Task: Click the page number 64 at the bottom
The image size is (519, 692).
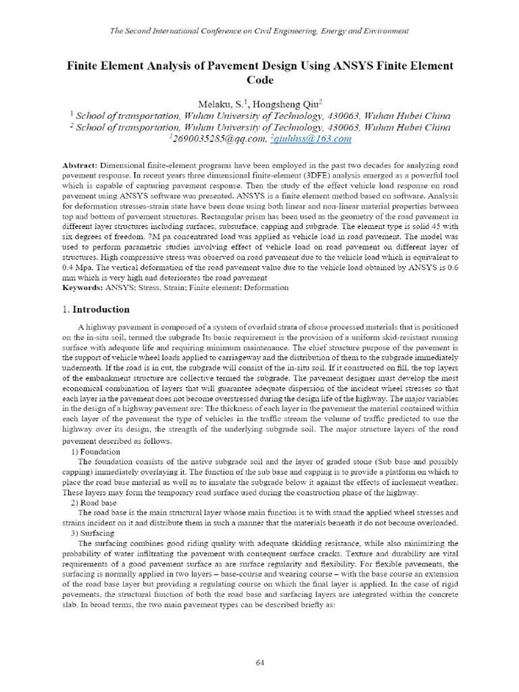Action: (x=259, y=662)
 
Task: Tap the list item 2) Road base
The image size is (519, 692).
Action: (x=94, y=503)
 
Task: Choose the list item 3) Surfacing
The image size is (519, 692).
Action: (x=94, y=533)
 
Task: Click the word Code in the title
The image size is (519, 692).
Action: (x=259, y=80)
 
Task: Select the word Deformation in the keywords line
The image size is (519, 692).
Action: (x=265, y=287)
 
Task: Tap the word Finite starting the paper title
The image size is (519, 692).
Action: (x=82, y=66)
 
